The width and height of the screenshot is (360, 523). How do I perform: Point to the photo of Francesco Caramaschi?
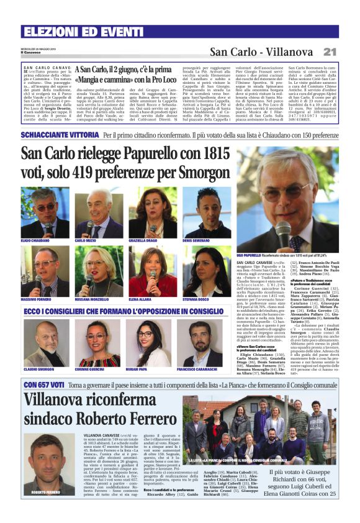(204, 335)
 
